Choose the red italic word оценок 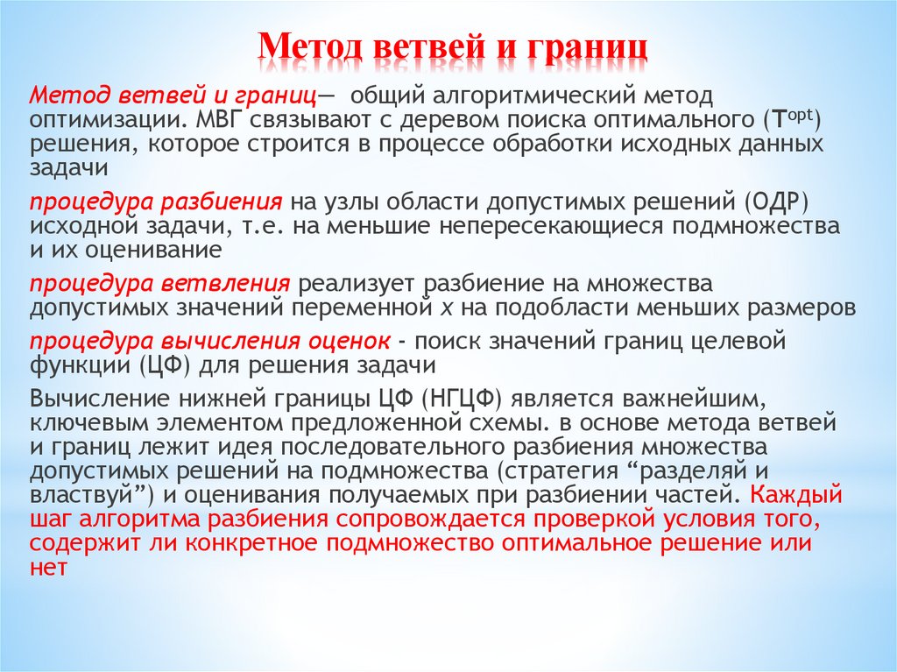346,340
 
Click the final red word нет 49,566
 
